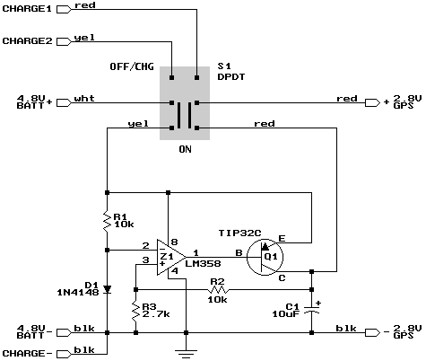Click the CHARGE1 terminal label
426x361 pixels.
point(27,9)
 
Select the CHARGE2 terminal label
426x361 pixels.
point(27,40)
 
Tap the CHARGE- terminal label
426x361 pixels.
point(27,354)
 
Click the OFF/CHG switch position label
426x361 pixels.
point(132,66)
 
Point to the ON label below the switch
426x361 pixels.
point(186,149)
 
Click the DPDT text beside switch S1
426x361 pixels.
point(231,77)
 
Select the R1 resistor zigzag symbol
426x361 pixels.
point(107,221)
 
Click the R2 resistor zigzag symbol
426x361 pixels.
point(218,289)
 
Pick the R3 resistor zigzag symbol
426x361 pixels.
point(135,311)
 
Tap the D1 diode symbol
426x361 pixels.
point(108,289)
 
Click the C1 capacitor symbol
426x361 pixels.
point(311,310)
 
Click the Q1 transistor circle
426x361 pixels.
point(265,257)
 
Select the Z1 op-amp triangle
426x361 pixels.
point(171,257)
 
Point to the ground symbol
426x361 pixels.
point(186,354)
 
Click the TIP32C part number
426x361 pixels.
point(240,233)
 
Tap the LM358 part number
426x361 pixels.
point(203,263)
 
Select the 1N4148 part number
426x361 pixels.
point(78,292)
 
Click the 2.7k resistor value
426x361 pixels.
point(156,314)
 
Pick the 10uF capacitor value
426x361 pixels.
point(285,313)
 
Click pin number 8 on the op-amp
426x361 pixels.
point(175,242)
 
